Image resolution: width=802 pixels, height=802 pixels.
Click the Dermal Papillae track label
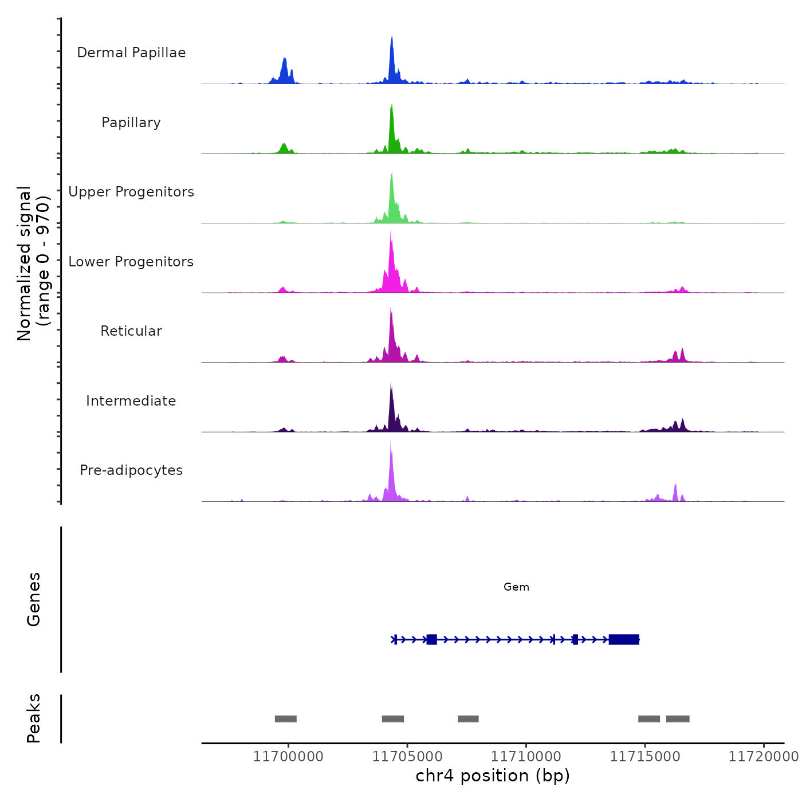click(131, 53)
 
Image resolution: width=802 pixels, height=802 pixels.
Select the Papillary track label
click(131, 123)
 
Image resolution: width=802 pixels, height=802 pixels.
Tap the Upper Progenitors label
click(131, 192)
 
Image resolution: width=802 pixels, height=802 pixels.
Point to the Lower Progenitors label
click(131, 262)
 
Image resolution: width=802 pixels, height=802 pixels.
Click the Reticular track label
click(131, 331)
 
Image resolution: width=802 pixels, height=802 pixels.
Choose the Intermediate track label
click(131, 401)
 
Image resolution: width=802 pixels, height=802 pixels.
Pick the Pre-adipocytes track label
click(131, 470)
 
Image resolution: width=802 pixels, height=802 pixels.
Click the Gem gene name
click(516, 587)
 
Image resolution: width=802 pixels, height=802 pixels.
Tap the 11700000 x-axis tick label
click(288, 757)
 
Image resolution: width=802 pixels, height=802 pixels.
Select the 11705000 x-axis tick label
click(407, 757)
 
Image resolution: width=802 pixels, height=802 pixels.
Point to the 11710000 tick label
click(526, 757)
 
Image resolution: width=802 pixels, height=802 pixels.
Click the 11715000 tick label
click(645, 757)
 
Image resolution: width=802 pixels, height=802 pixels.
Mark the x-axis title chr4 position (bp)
click(493, 776)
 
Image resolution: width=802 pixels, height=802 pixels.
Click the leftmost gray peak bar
click(285, 719)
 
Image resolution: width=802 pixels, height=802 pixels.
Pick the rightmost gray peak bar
click(678, 719)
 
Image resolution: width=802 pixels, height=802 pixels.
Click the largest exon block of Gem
click(624, 639)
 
